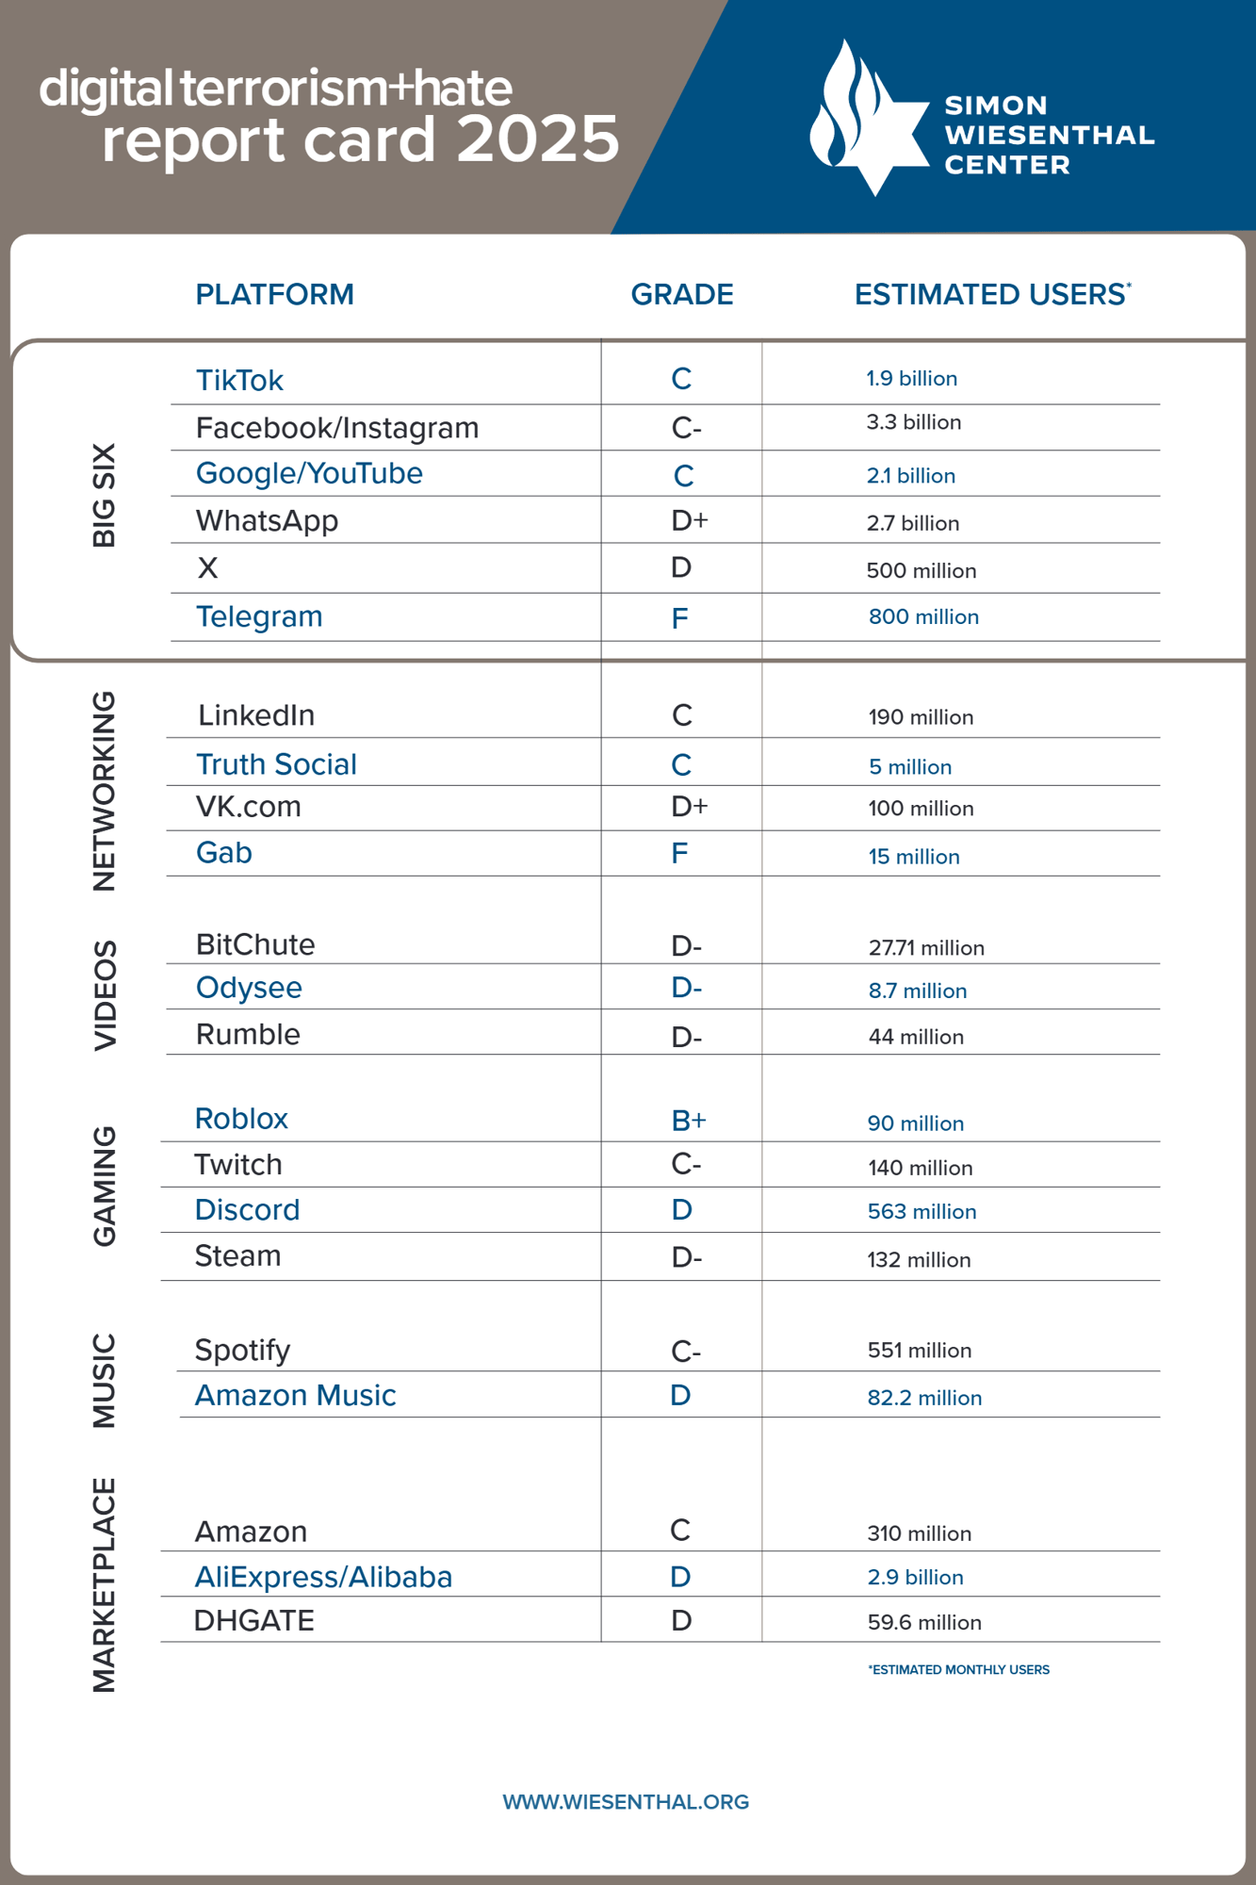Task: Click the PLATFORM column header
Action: point(274,295)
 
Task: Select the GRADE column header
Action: point(681,295)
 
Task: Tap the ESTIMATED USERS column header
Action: point(990,295)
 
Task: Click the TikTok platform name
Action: point(239,381)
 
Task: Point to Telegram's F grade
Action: point(679,618)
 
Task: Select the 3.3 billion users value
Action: point(913,422)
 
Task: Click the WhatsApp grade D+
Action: point(689,521)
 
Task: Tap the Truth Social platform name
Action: point(276,764)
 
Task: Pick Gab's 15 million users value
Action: point(913,857)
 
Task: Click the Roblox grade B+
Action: point(688,1120)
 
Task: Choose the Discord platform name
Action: point(247,1210)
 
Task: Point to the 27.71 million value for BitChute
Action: point(925,948)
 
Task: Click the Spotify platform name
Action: point(242,1351)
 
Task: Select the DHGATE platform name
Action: point(253,1621)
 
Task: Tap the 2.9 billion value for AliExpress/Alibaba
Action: point(915,1578)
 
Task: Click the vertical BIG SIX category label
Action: point(104,495)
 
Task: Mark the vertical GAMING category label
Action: point(104,1186)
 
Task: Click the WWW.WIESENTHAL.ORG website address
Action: point(626,1802)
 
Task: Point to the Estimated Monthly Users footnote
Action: point(958,1670)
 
